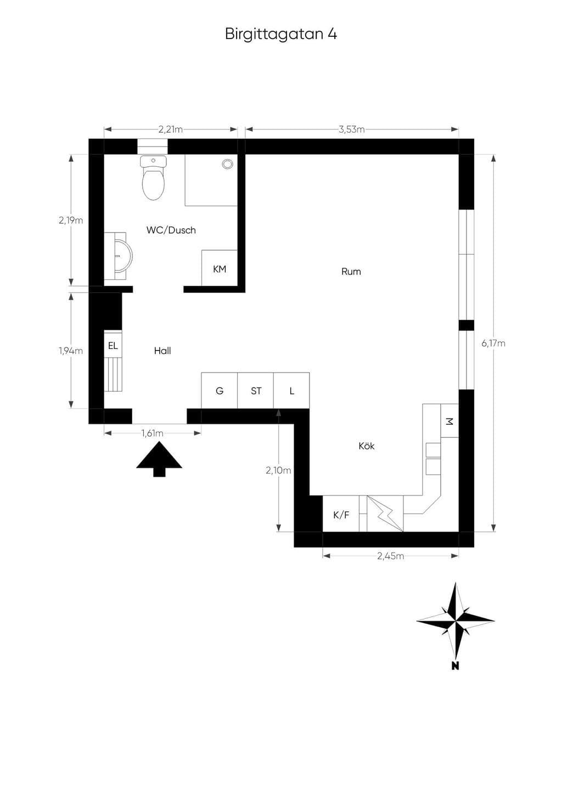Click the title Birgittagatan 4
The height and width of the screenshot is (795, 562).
(281, 35)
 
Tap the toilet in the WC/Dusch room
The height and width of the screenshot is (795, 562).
(153, 177)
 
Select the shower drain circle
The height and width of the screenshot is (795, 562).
(227, 164)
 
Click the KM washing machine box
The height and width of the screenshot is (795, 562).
(220, 268)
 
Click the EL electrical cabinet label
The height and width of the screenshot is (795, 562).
(113, 346)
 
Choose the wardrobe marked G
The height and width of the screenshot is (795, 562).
(220, 391)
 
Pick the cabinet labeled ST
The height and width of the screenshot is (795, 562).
(256, 391)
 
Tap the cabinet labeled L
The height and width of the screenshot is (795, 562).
(291, 391)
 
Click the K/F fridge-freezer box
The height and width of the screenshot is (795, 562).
(341, 514)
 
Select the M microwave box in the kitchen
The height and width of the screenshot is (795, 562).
(449, 421)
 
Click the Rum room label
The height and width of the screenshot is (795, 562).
(351, 272)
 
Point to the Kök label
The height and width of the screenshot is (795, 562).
(367, 446)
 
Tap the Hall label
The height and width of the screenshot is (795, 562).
(162, 351)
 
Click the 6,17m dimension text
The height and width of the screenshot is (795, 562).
(493, 343)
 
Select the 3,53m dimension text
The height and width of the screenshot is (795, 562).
(351, 129)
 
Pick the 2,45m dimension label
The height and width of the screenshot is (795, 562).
(391, 556)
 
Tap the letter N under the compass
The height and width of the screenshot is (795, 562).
(455, 666)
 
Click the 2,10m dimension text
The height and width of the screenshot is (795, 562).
(278, 471)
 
